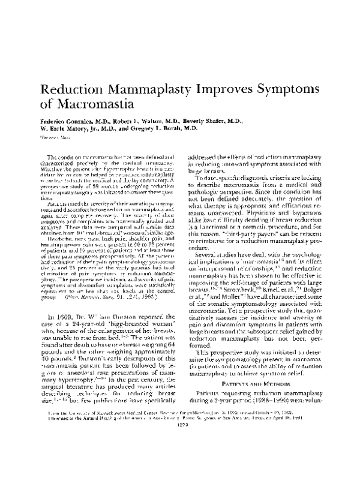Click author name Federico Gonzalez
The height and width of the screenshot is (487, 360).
coord(70,121)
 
